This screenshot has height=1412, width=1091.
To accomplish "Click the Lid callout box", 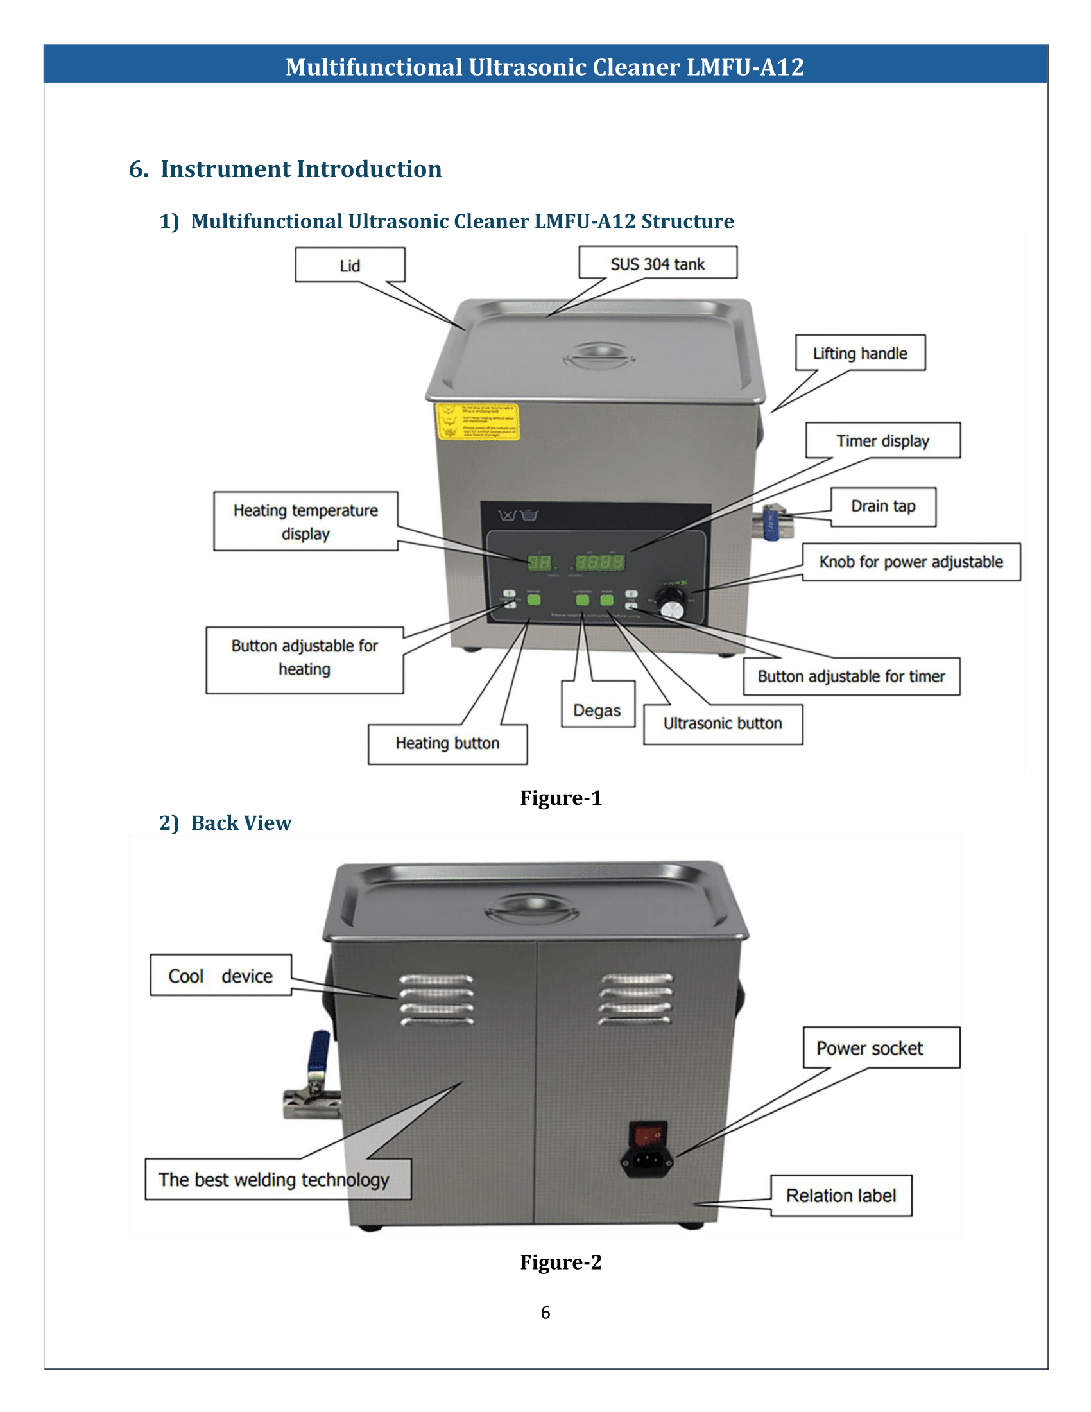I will pyautogui.click(x=350, y=265).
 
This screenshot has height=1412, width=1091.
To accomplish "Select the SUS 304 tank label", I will pyautogui.click(x=657, y=263).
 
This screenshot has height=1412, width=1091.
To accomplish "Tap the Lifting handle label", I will pyautogui.click(x=859, y=353).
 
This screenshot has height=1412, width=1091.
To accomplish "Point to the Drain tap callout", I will pyautogui.click(x=883, y=506).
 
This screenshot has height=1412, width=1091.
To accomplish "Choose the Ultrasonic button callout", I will pyautogui.click(x=723, y=723).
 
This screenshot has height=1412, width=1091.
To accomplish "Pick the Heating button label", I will pyautogui.click(x=447, y=743).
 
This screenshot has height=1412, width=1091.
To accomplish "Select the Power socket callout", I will pyautogui.click(x=870, y=1048).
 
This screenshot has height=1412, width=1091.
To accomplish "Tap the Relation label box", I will pyautogui.click(x=841, y=1196).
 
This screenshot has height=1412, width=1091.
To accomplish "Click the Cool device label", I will pyautogui.click(x=220, y=976).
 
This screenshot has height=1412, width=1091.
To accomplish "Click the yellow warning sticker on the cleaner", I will pyautogui.click(x=477, y=422).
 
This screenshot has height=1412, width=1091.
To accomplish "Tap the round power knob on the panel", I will pyautogui.click(x=672, y=608).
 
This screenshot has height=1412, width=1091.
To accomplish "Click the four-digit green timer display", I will pyautogui.click(x=600, y=562).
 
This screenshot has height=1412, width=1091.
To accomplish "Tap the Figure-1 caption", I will pyautogui.click(x=560, y=798).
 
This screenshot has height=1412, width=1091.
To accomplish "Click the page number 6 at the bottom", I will pyautogui.click(x=545, y=1313).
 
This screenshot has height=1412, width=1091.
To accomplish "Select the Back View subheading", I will pyautogui.click(x=241, y=823).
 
